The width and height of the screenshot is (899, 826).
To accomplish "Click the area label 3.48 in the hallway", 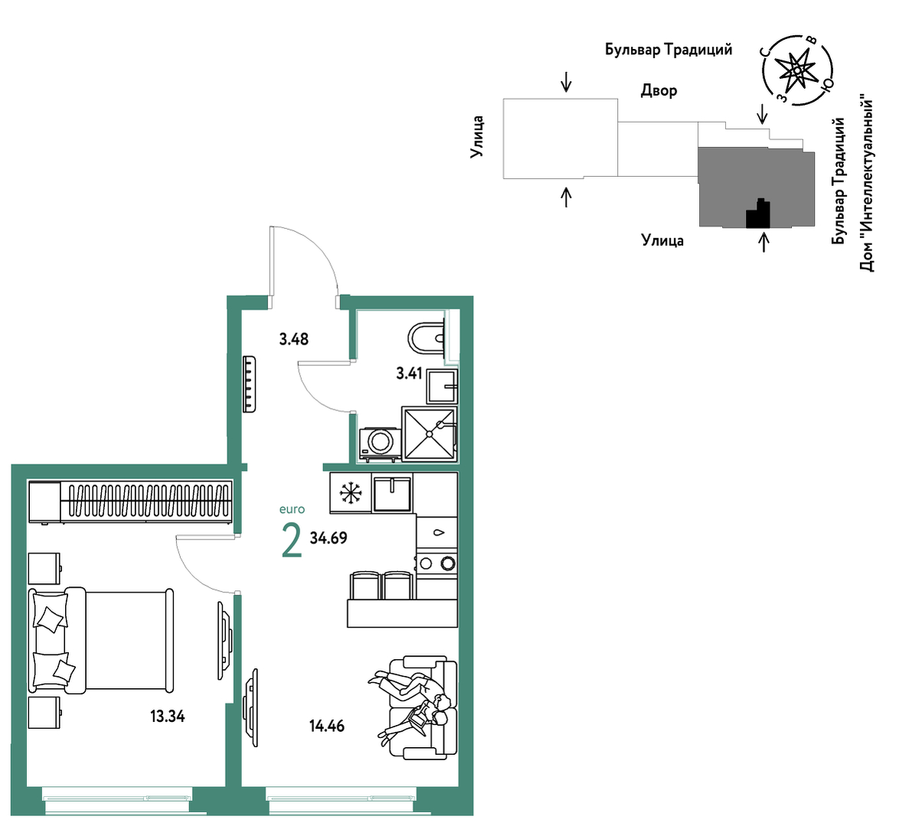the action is [293, 339].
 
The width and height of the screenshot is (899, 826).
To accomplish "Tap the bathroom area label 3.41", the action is [409, 374].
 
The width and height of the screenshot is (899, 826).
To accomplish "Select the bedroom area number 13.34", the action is [168, 716].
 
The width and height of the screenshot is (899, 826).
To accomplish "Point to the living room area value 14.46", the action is [327, 726].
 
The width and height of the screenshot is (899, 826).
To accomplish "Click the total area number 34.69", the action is [329, 538].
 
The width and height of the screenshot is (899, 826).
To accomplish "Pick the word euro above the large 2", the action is [292, 509].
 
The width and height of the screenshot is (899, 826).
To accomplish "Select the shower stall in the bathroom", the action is [430, 433].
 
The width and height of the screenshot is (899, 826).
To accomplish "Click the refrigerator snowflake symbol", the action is [350, 492].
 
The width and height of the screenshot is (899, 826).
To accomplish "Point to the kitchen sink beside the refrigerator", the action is [393, 492].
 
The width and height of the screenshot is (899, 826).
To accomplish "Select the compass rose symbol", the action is [797, 70].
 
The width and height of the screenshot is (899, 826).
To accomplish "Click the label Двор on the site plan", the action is [659, 90].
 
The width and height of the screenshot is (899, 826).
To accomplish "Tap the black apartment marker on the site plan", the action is [758, 214].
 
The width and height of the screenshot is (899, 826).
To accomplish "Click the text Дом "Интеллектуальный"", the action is [868, 185].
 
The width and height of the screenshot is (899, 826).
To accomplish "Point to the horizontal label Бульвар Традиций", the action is [669, 49].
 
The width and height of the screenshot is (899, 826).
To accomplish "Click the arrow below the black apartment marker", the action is [763, 240].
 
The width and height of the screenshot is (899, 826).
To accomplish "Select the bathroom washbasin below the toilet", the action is [442, 387].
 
